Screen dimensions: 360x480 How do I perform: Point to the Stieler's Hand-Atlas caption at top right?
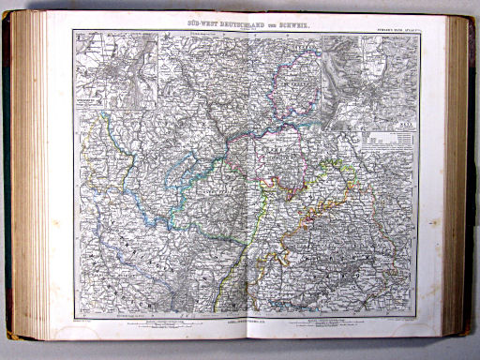tap(388, 29)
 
